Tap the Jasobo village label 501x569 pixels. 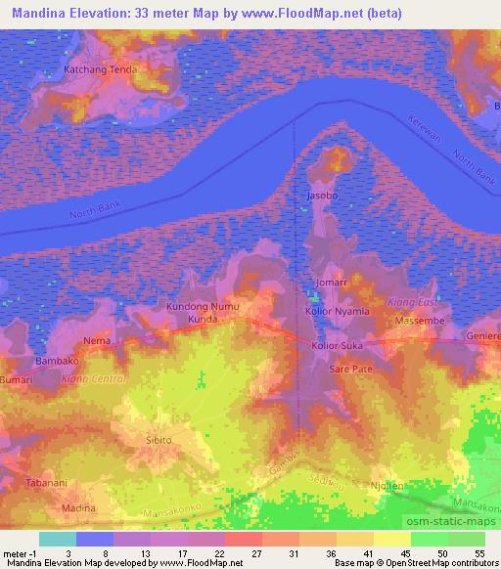click(x=323, y=197)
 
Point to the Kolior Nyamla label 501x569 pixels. click(x=338, y=311)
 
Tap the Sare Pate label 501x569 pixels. click(x=350, y=370)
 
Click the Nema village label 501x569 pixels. click(x=96, y=340)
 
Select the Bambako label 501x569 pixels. click(x=57, y=361)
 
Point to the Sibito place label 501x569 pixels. click(x=158, y=440)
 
